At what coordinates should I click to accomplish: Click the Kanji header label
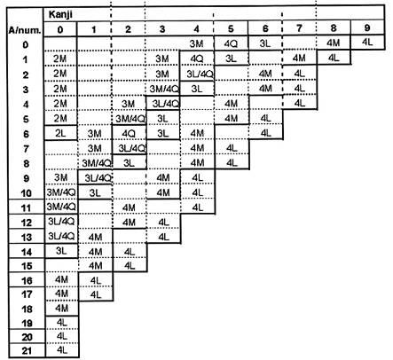(60, 14)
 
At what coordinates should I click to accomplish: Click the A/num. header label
(25, 30)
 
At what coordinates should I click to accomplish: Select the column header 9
(367, 27)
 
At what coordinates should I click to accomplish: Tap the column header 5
(231, 28)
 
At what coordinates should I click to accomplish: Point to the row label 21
(27, 351)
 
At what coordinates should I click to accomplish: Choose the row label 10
(27, 193)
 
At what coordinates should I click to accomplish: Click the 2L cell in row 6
(60, 133)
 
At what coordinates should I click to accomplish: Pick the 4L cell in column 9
(367, 43)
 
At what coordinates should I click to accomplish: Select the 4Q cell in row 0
(231, 43)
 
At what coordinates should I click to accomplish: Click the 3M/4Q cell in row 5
(130, 119)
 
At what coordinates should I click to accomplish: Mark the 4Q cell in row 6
(129, 134)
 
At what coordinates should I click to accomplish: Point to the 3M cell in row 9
(60, 177)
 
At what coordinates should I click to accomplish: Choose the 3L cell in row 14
(61, 251)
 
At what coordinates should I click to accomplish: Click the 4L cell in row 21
(62, 350)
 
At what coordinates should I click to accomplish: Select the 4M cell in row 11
(129, 207)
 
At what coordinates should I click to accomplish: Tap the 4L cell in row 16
(96, 280)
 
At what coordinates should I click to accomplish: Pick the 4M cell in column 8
(333, 43)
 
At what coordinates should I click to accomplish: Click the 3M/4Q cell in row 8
(97, 163)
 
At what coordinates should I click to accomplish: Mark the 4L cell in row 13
(163, 237)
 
